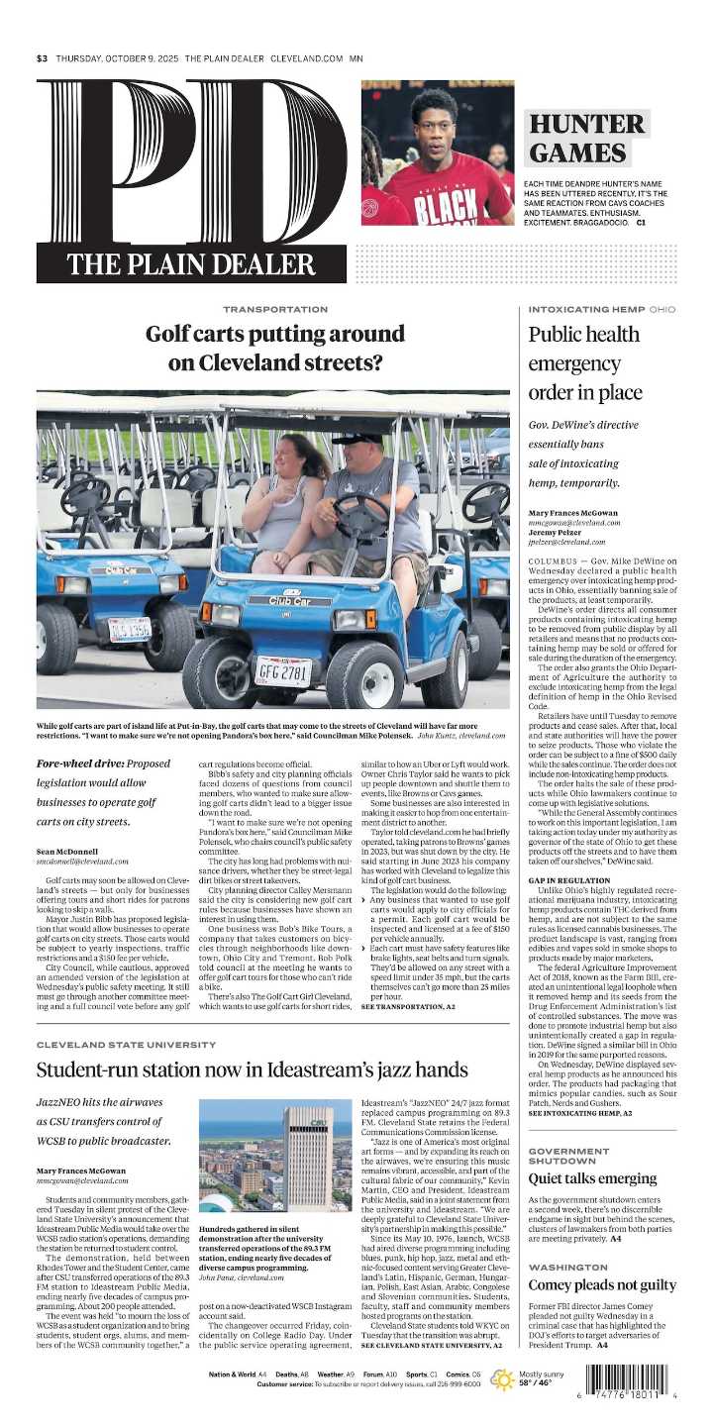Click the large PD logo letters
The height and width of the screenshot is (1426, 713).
point(188,163)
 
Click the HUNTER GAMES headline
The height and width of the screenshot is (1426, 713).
point(586,139)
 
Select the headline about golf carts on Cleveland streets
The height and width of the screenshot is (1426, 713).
point(275,348)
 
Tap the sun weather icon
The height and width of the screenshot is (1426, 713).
point(502,1379)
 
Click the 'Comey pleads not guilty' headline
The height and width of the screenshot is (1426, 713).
point(588,1285)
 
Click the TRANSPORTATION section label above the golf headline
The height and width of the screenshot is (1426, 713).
point(274,310)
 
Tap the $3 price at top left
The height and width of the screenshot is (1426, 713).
point(42,58)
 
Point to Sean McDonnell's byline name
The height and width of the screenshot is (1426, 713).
point(70,851)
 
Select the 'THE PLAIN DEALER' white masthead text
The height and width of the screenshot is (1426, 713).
point(190,264)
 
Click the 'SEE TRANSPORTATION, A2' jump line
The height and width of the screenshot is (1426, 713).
point(408,1005)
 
